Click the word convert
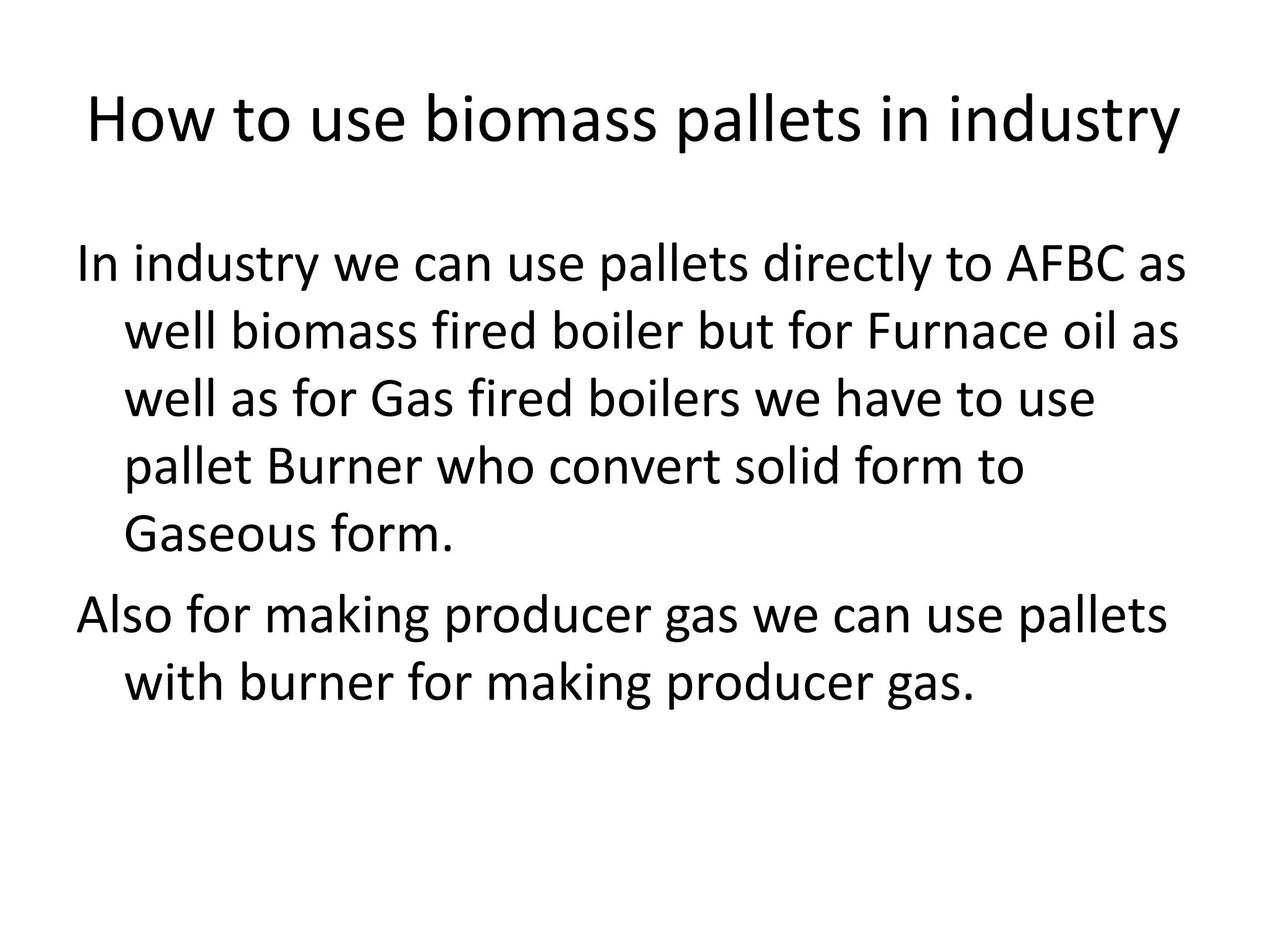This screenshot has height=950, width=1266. coord(634,468)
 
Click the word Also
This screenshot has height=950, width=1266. coord(124,616)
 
